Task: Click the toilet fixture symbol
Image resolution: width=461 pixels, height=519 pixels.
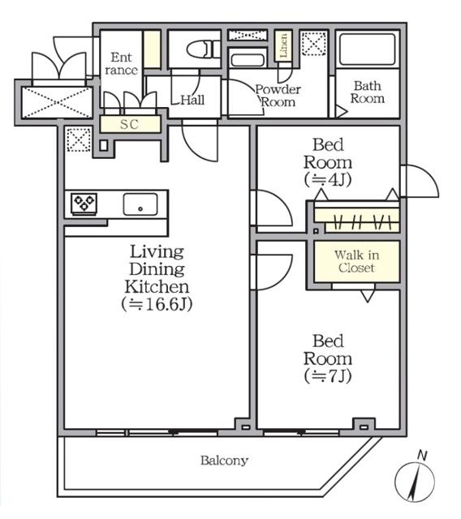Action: click(x=200, y=49)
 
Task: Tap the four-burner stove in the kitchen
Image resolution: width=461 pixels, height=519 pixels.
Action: click(x=84, y=203)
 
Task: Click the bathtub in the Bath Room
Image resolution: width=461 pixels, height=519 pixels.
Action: click(x=367, y=49)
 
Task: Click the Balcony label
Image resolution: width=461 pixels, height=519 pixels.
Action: click(x=224, y=461)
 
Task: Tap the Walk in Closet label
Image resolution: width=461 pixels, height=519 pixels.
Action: click(x=357, y=261)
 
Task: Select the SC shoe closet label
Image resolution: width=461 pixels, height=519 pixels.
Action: click(x=129, y=124)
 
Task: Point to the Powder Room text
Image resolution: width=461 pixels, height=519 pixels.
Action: click(x=278, y=96)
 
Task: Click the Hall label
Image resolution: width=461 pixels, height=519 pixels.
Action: click(x=192, y=101)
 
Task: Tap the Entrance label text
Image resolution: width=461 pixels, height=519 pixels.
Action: click(x=121, y=63)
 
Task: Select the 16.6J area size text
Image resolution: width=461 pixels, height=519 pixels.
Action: click(x=157, y=305)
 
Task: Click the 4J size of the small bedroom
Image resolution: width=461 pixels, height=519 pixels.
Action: click(x=327, y=179)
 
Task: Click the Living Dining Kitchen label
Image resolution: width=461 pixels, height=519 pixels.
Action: click(x=157, y=269)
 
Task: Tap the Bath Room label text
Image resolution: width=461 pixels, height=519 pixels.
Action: click(x=367, y=92)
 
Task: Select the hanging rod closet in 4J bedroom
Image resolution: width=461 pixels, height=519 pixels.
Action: click(x=356, y=218)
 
